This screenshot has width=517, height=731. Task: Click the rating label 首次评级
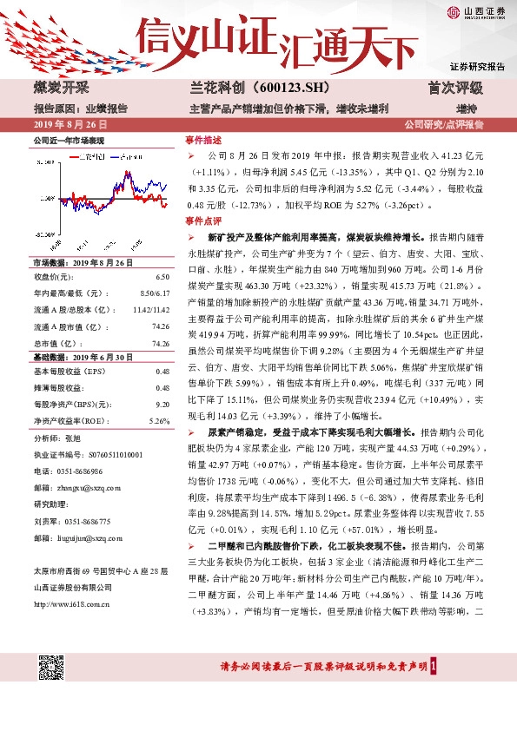tap(455, 88)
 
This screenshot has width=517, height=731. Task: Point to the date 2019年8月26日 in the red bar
tap(65, 124)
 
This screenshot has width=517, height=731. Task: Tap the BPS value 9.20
tap(162, 404)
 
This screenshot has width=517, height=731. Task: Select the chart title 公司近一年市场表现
tap(70, 139)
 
